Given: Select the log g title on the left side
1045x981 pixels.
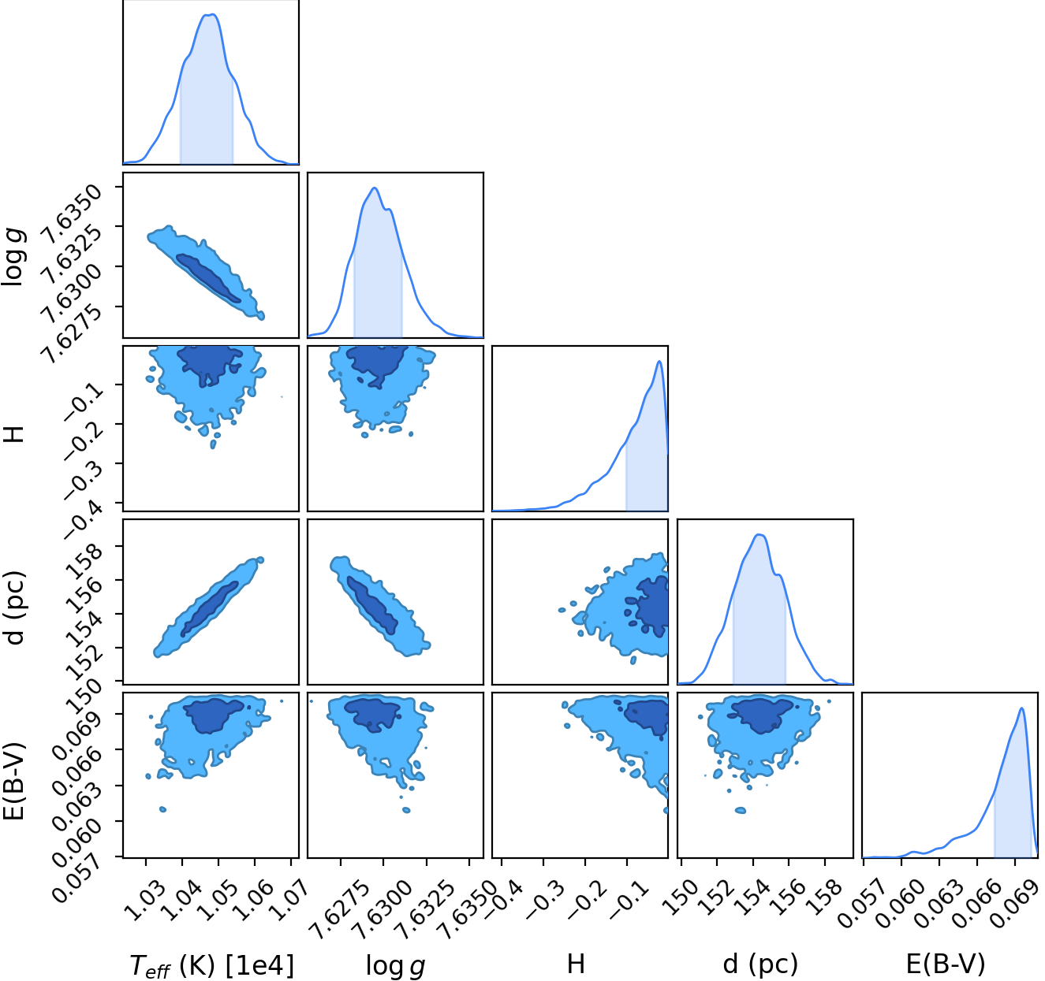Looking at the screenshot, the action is (x=13, y=256).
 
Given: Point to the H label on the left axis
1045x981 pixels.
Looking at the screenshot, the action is (x=14, y=433).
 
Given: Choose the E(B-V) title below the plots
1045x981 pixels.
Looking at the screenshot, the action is (x=946, y=964).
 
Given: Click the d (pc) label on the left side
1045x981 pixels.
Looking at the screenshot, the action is (x=14, y=607).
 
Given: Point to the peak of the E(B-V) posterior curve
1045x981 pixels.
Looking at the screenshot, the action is (x=1021, y=708).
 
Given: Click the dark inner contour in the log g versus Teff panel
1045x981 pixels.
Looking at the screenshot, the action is (x=208, y=278).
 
